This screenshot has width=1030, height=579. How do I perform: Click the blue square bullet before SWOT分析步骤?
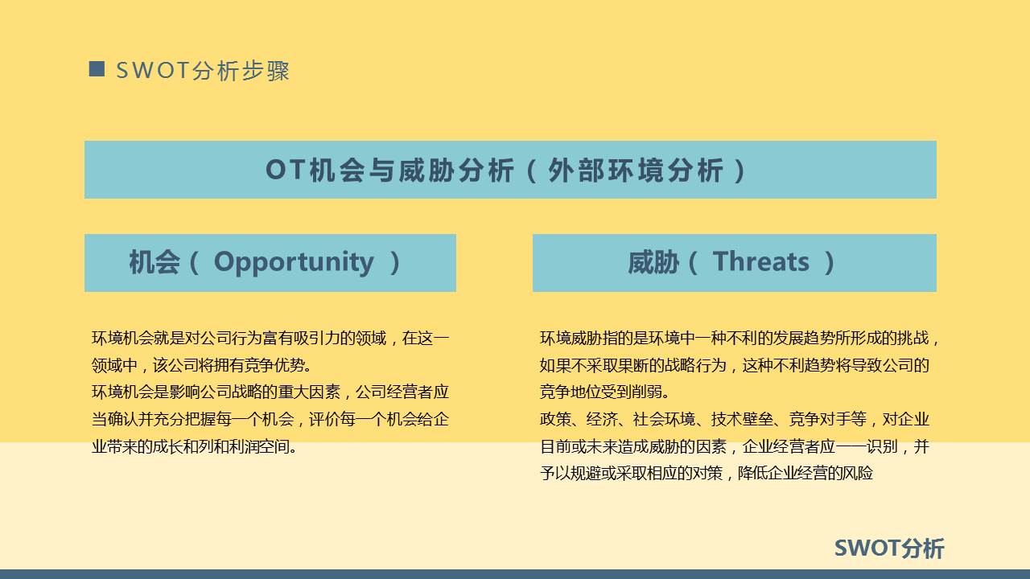click(x=97, y=69)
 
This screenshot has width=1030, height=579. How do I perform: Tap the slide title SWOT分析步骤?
click(x=203, y=71)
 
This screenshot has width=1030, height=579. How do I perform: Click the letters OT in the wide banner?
click(x=285, y=170)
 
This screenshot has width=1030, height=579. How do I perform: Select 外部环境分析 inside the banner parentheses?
click(x=636, y=170)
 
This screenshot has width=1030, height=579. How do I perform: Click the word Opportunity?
click(x=294, y=262)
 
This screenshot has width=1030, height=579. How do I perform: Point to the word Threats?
click(x=760, y=262)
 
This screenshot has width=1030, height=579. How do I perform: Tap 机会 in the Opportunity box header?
click(x=154, y=262)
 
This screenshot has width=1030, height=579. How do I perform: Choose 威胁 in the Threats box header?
click(x=653, y=262)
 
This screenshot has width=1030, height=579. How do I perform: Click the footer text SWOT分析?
click(x=888, y=548)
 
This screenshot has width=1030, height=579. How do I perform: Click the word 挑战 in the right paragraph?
click(x=915, y=338)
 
